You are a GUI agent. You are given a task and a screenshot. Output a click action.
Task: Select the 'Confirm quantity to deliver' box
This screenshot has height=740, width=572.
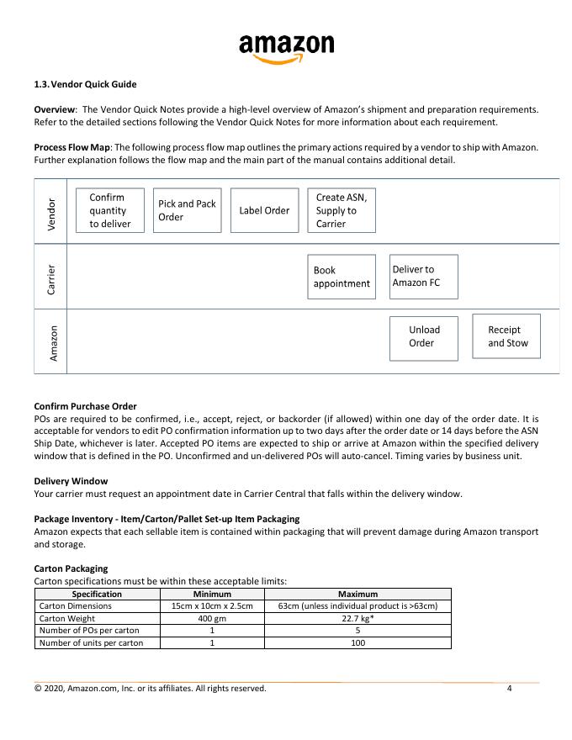110,210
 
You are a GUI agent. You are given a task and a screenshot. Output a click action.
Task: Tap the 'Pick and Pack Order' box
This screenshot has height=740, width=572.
188,210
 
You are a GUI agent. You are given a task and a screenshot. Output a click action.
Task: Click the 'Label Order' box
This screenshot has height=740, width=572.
264,210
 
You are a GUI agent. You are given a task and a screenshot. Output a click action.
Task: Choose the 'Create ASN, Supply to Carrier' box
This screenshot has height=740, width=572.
341,210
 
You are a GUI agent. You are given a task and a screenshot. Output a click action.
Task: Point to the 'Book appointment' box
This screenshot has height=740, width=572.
342,277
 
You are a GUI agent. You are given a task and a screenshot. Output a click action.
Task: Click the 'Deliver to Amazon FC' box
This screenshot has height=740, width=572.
424,277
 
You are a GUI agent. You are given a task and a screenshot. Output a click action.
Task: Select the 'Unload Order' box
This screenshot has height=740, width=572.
423,336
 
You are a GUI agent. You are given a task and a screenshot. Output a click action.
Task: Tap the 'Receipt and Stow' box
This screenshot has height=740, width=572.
506,336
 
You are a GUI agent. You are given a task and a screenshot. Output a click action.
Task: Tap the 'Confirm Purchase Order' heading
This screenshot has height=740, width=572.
85,406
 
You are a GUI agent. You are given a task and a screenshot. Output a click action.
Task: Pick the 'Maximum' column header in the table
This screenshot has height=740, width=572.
357,594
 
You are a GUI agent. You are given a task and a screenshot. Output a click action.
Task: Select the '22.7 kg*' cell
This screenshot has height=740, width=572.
357,618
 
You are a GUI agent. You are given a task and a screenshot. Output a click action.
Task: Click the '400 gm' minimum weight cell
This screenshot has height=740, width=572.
212,618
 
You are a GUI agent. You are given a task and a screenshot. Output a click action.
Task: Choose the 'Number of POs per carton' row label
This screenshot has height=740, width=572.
89,630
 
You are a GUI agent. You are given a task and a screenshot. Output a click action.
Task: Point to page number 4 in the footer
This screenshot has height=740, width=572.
510,689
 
